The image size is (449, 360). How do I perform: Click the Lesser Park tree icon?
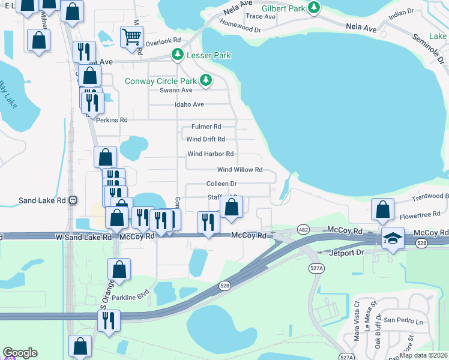tap(178, 55)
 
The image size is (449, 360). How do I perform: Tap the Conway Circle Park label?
tap(160, 81)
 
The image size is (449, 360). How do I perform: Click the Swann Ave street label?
tap(176, 90)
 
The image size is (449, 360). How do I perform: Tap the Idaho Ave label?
tap(189, 104)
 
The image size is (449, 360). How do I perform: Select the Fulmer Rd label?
tap(206, 127)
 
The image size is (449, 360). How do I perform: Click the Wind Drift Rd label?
tap(205, 139)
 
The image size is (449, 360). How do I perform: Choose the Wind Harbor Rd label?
tap(210, 154)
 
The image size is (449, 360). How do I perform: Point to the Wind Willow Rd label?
tap(240, 170)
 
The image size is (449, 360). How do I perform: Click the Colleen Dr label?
tap(221, 184)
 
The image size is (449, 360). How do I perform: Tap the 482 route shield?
tap(303, 230)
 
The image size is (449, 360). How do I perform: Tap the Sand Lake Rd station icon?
tap(73, 200)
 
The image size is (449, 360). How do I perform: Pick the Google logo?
tap(20, 353)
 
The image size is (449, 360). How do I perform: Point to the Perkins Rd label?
tap(112, 120)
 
